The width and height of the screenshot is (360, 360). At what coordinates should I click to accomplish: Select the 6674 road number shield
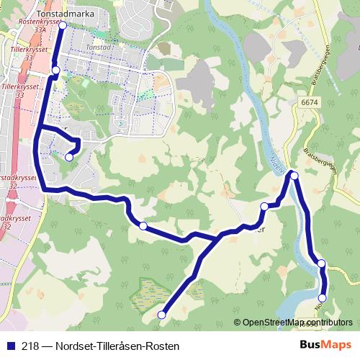coord(310,103)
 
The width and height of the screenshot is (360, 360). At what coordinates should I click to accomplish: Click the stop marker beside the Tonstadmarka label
coord(62,25)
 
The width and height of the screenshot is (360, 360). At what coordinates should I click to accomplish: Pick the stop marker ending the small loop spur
coord(69,157)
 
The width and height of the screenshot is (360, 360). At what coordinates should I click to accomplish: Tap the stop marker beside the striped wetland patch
coord(162,314)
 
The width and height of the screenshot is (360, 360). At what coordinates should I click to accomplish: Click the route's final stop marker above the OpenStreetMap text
coord(323,297)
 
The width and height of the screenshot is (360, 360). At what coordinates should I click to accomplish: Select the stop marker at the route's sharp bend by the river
coord(294,174)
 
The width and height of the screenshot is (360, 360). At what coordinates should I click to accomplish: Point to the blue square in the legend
coord(10,346)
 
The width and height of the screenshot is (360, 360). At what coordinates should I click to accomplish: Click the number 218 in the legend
coord(30,346)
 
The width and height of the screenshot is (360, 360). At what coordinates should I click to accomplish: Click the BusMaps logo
coord(325,345)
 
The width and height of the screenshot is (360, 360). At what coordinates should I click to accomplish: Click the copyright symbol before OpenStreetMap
coord(238,323)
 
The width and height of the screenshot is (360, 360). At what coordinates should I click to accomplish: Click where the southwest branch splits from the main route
coord(217,237)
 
